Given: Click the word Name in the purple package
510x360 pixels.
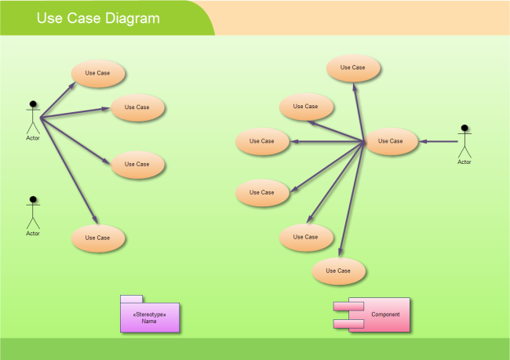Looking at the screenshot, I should pos(149,322).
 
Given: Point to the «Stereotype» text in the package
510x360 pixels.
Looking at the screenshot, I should pos(149,315).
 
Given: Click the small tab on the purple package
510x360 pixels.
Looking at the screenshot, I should pos(131,299).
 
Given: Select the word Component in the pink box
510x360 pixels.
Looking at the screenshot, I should pos(385,315).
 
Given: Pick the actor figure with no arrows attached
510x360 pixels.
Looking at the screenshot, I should pos(33,212).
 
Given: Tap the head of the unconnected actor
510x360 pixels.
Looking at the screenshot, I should pos(33,199).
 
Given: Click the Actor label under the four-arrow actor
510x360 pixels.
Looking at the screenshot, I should pos(33,138).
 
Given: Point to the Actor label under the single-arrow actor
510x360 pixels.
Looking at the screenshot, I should pos(464,162).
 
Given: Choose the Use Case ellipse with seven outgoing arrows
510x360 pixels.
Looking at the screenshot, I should pos(391,141).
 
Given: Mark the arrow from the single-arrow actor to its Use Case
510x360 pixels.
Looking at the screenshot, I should pos(437,142).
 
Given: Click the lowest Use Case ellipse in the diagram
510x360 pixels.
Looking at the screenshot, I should pos(338,271).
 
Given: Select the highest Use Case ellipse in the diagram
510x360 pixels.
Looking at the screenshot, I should pos(353,67).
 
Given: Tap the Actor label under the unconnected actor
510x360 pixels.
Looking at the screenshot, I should pos(33,234).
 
